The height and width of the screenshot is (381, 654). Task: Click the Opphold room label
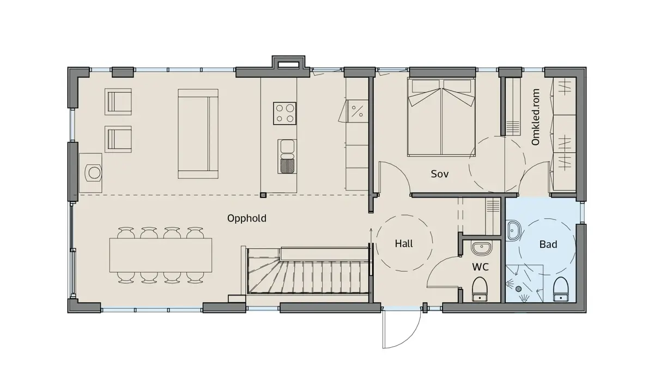[247, 218]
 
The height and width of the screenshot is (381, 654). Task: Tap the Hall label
[404, 243]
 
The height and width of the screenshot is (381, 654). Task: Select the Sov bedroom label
[440, 174]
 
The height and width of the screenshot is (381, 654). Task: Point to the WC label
[480, 267]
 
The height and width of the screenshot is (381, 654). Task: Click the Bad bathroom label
[548, 244]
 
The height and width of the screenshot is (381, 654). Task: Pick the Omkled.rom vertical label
[535, 117]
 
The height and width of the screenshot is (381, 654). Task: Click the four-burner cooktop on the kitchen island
[284, 113]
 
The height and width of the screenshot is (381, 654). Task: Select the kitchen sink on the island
[287, 157]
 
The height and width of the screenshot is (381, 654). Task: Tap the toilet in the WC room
[480, 289]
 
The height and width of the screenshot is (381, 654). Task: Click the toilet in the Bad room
[561, 289]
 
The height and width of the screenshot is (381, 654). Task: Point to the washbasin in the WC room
[481, 248]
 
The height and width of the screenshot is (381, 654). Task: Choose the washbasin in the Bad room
[513, 230]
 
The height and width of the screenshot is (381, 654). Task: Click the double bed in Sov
[441, 117]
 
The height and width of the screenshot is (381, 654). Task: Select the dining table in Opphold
[161, 255]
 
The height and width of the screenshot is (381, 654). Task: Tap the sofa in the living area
[198, 134]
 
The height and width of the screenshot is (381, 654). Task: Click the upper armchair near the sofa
[118, 101]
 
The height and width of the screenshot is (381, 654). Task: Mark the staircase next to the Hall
[307, 271]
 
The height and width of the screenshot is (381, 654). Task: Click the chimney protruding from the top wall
[288, 63]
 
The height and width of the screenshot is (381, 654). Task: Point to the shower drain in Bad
[518, 288]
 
